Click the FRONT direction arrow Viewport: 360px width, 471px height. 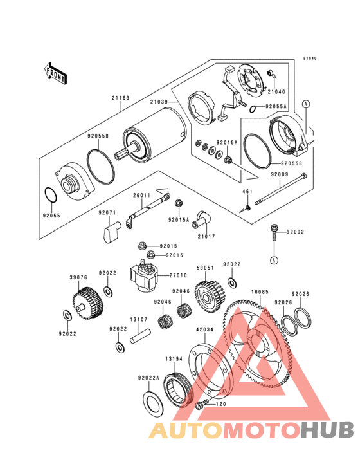click(x=55, y=73)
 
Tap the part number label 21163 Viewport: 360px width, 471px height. click(x=121, y=98)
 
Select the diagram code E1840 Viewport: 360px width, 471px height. click(x=310, y=59)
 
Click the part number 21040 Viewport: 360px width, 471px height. click(x=276, y=91)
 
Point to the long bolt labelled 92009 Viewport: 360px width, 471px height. click(x=281, y=189)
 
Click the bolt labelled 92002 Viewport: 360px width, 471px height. click(x=273, y=232)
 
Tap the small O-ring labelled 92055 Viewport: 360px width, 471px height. click(x=51, y=195)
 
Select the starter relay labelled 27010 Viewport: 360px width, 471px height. click(x=143, y=275)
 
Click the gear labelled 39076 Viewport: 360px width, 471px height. click(x=88, y=304)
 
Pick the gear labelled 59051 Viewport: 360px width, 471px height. click(x=210, y=297)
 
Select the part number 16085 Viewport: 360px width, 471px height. click(x=260, y=292)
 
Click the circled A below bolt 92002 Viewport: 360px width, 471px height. click(x=273, y=260)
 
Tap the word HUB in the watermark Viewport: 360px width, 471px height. click(x=328, y=430)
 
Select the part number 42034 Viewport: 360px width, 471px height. click(x=204, y=329)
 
